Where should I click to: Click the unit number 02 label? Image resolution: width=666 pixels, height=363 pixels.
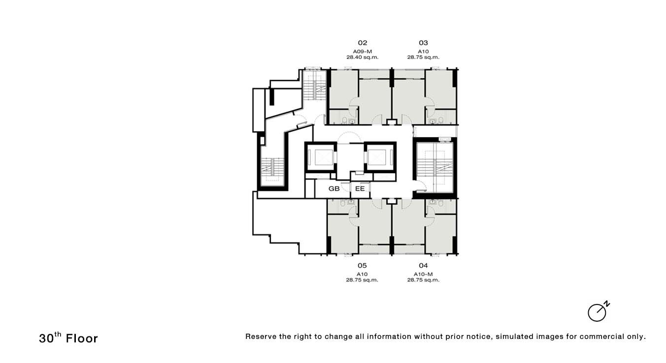coord(363,43)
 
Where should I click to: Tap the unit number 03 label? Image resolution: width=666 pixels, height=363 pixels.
coord(423,43)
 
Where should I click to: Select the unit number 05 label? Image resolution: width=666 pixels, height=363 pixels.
coord(362,265)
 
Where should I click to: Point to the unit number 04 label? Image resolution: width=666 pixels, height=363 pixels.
coord(423,265)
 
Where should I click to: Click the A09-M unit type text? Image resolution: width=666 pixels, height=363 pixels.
coord(363,52)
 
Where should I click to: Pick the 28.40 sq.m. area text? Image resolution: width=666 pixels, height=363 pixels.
coord(363,57)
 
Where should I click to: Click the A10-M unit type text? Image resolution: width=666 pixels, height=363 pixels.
coord(423,274)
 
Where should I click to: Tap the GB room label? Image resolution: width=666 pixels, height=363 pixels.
coord(334,189)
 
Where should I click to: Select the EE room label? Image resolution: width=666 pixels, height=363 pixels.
coord(360,189)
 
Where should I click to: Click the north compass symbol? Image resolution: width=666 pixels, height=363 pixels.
coord(598,311)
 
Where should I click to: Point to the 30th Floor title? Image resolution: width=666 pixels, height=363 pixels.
coord(68,338)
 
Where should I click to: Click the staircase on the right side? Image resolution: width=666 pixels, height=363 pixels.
coord(434,168)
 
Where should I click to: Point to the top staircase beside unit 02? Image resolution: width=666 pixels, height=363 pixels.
coord(315,85)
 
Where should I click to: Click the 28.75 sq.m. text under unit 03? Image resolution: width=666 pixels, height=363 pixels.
coord(423,57)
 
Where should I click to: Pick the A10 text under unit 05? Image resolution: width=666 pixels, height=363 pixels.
coord(362,274)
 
